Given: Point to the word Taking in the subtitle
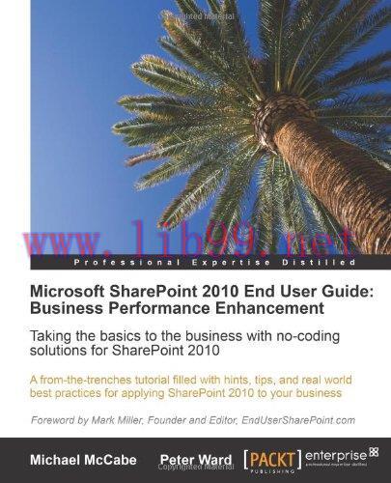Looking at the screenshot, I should [x=51, y=333].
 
